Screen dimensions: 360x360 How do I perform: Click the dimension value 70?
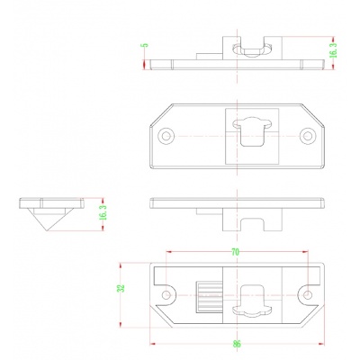pos(236,254)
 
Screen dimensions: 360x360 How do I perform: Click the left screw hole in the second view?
pos(166,136)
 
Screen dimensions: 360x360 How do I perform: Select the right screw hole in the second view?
pos(307,136)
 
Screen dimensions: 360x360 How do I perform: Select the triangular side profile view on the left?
pos(50,212)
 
